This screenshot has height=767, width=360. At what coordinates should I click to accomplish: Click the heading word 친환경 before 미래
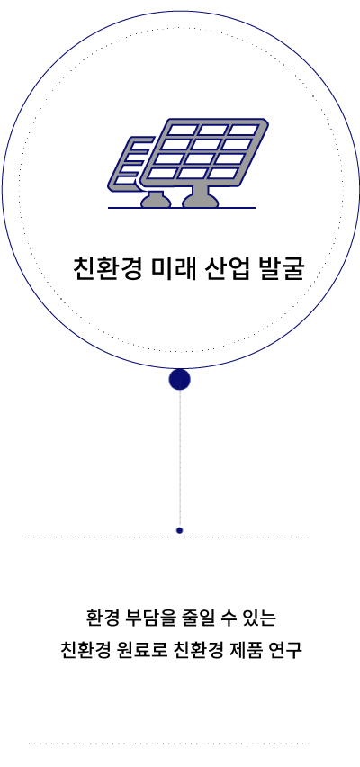(x=108, y=268)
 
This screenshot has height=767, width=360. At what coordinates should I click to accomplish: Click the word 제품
(x=247, y=650)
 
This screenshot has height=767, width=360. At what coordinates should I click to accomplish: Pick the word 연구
(x=284, y=650)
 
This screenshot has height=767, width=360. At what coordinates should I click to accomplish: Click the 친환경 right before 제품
(x=199, y=650)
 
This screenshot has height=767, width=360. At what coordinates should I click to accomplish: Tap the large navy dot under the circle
(x=179, y=380)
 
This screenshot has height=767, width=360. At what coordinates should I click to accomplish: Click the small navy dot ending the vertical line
(x=179, y=530)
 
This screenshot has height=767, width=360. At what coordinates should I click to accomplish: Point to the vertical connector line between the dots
(x=179, y=459)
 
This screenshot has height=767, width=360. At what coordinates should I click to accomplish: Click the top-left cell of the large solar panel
(x=182, y=130)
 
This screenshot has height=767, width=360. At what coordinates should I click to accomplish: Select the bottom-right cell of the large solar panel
(x=223, y=173)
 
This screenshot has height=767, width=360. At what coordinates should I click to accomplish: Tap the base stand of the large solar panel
(x=201, y=197)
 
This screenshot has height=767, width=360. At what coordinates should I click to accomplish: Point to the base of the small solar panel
(x=156, y=200)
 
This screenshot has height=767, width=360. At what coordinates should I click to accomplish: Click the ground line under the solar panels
(x=182, y=208)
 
